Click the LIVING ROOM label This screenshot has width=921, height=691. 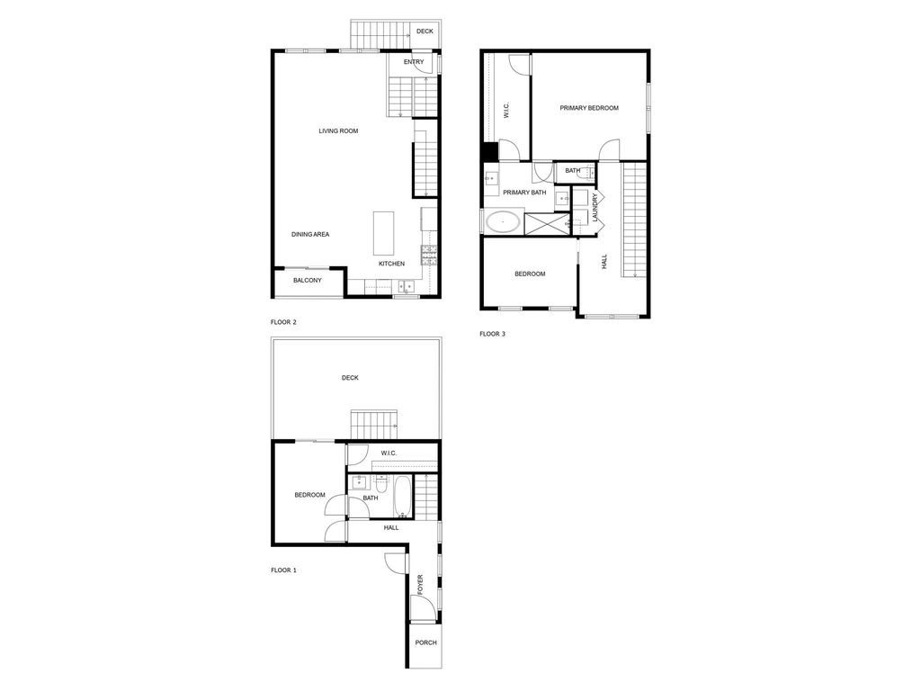[338, 131]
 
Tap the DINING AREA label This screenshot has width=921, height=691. [310, 235]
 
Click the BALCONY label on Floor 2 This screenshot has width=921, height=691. [308, 281]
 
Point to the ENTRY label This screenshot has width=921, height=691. [414, 62]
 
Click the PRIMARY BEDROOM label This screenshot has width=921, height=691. [589, 108]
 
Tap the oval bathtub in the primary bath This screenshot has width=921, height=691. [503, 222]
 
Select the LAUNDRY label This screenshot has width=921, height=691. [595, 207]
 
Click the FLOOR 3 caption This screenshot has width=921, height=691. [492, 334]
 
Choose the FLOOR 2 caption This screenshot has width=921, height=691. [283, 322]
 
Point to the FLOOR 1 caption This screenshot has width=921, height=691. [283, 570]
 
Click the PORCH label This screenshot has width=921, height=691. [425, 642]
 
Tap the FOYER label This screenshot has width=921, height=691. [420, 585]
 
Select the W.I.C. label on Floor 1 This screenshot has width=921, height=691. [389, 453]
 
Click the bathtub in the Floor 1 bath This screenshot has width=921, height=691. [403, 497]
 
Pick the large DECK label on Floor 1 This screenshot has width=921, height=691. [350, 378]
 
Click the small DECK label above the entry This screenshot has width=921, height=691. [425, 31]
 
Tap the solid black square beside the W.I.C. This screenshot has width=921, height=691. [489, 151]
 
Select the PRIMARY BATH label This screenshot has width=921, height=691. [524, 193]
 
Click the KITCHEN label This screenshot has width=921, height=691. [391, 264]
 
